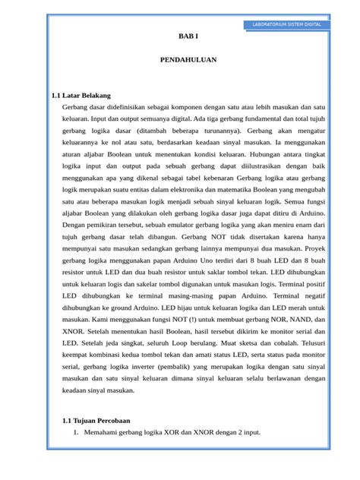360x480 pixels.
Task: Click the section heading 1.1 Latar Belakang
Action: pyautogui.click(x=81, y=96)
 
